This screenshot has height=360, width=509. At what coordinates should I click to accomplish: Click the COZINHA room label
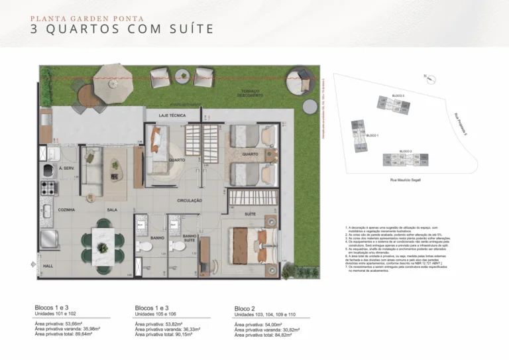(x=66, y=210)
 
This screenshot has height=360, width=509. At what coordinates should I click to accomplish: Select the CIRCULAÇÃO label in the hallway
(x=190, y=200)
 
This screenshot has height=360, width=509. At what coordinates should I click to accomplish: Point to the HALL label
(x=48, y=265)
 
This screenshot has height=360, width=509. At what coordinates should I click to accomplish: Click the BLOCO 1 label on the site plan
(x=372, y=135)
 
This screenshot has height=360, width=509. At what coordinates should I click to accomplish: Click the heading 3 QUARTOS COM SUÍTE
(x=122, y=29)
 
